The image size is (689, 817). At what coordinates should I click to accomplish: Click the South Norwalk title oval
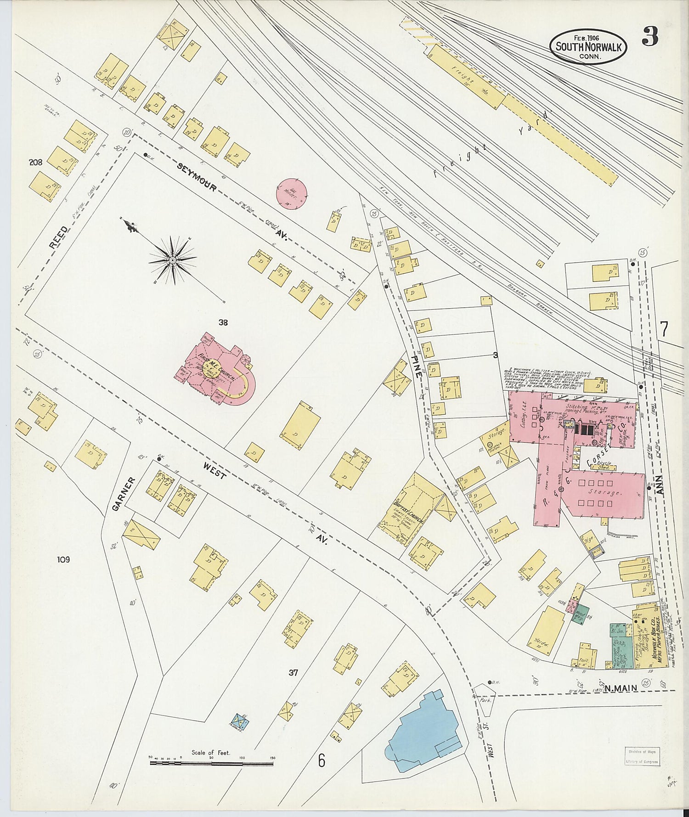588,47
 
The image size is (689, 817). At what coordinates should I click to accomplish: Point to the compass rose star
173,260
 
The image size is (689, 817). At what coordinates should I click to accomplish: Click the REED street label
58,237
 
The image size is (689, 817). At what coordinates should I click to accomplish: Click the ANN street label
661,484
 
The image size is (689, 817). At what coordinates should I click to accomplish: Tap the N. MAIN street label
621,688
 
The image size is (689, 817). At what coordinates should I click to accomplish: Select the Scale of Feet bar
211,764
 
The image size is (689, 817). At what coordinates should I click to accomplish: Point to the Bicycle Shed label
604,465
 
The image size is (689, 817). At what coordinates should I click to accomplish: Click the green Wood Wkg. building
580,614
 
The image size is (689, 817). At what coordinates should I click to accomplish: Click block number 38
223,323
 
